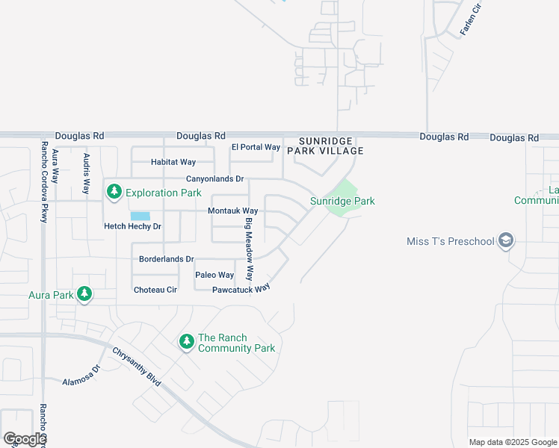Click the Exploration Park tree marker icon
click(x=114, y=192)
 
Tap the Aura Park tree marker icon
click(x=84, y=294)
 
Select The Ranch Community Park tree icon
click(x=186, y=342)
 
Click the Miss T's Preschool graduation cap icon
click(x=506, y=240)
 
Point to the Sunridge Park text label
click(x=342, y=201)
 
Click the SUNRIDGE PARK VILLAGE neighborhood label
click(x=331, y=146)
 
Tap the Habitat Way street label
click(x=173, y=162)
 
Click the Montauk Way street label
click(x=232, y=211)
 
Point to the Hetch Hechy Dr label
click(x=132, y=226)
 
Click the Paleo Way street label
click(x=214, y=275)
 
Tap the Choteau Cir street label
click(x=155, y=290)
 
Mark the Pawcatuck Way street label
click(x=241, y=289)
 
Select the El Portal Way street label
click(x=256, y=147)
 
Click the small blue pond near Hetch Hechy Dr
click(x=140, y=216)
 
